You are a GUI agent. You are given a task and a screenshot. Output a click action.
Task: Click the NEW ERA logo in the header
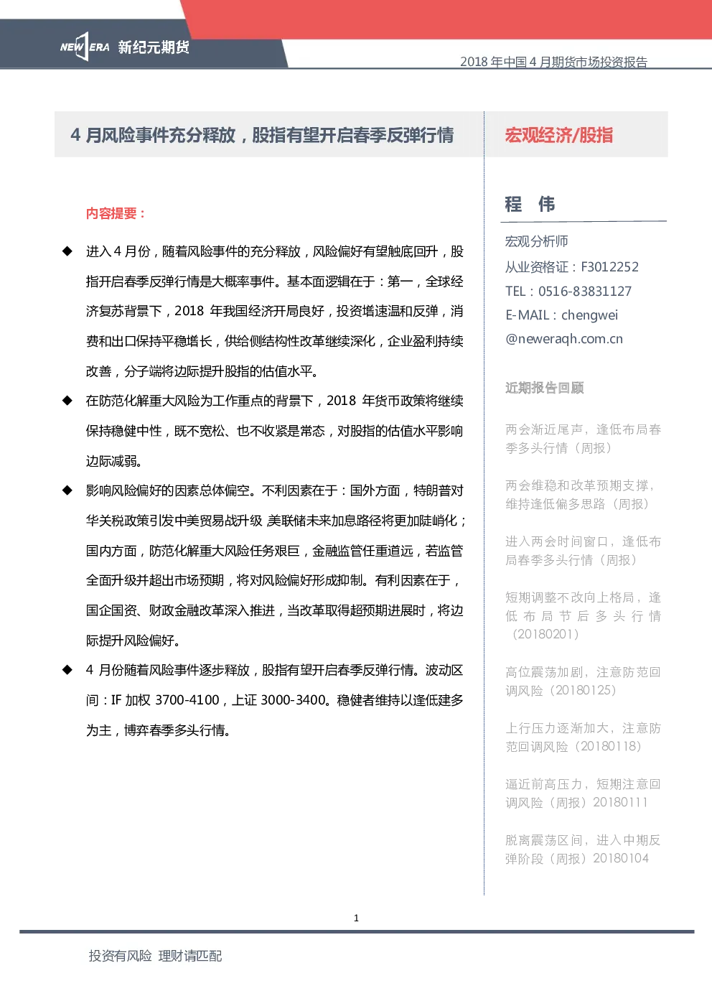point(85,47)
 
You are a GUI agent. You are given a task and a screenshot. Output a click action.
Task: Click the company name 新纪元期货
point(154,47)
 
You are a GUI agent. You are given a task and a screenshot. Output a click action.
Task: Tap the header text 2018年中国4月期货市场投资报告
point(554,62)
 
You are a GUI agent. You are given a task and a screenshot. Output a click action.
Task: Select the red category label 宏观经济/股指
point(559,135)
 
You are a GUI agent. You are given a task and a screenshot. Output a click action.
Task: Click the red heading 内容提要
point(116,213)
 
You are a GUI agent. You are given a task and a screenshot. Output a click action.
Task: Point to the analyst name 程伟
point(530,204)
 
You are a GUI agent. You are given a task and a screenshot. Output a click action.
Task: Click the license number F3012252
point(609,267)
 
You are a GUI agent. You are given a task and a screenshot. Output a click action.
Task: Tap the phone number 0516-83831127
point(585,291)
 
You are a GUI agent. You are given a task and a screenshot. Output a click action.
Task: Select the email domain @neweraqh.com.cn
point(563,339)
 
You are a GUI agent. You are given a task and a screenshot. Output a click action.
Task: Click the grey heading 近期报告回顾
point(545,388)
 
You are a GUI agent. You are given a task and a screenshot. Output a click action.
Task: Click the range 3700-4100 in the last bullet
point(187,700)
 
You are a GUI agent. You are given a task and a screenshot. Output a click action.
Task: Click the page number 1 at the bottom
point(356,918)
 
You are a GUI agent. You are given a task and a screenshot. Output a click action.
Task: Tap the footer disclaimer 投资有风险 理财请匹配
point(155,956)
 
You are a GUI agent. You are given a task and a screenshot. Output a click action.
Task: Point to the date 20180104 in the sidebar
point(621,858)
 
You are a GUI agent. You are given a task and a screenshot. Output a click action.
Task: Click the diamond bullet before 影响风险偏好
point(67,490)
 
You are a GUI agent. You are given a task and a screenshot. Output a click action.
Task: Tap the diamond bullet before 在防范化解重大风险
point(67,401)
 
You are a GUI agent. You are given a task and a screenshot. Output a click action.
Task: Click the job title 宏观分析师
point(536,241)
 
